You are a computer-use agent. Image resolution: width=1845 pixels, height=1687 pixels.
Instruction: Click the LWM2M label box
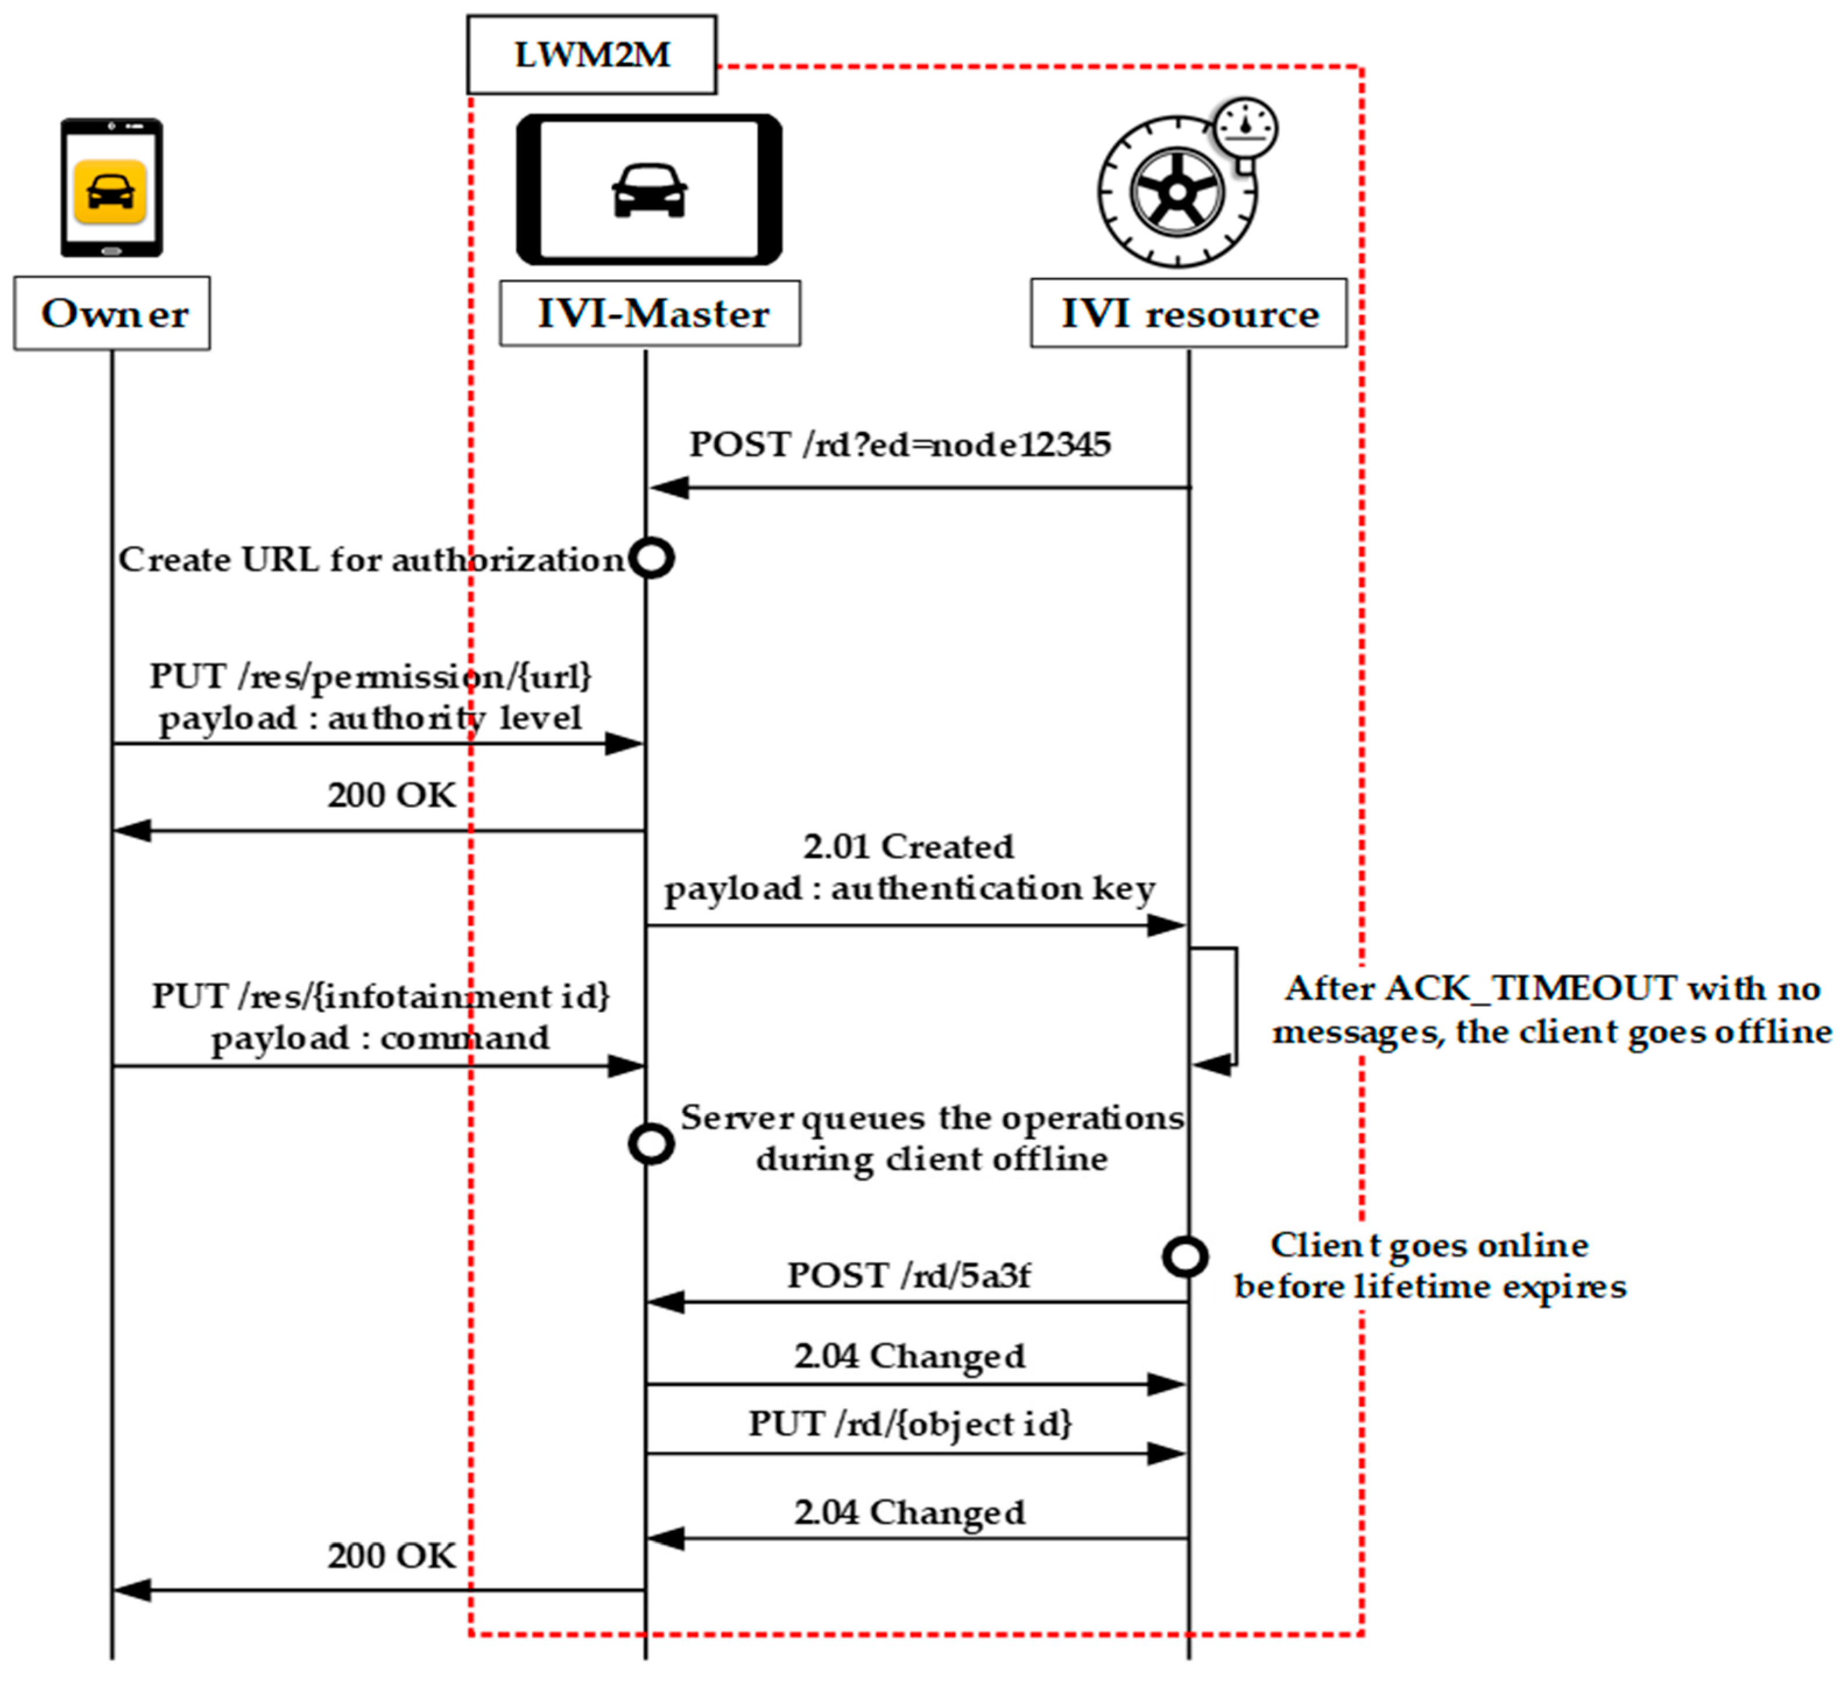tap(591, 54)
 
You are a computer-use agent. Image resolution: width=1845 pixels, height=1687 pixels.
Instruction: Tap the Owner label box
tap(112, 313)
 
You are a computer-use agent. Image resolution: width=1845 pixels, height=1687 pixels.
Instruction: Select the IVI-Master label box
tap(650, 313)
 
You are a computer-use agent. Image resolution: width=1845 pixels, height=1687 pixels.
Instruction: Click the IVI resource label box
tap(1189, 313)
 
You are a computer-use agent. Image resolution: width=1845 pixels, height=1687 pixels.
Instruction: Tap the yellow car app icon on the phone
tap(110, 191)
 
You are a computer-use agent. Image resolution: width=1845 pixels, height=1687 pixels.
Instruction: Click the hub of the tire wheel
tap(1177, 191)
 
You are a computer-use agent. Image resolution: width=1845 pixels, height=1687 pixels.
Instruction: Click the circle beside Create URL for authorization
tap(652, 558)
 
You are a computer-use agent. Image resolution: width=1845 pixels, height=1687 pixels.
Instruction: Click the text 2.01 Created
tap(909, 847)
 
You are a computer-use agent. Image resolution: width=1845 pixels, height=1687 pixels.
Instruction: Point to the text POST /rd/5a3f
tap(909, 1275)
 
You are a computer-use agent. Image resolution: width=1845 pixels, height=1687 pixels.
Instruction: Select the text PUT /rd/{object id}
tap(910, 1424)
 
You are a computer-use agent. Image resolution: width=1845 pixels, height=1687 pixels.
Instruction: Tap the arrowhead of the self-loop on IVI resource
tap(1212, 1065)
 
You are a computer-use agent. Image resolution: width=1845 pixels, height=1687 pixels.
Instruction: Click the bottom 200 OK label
tap(391, 1556)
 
